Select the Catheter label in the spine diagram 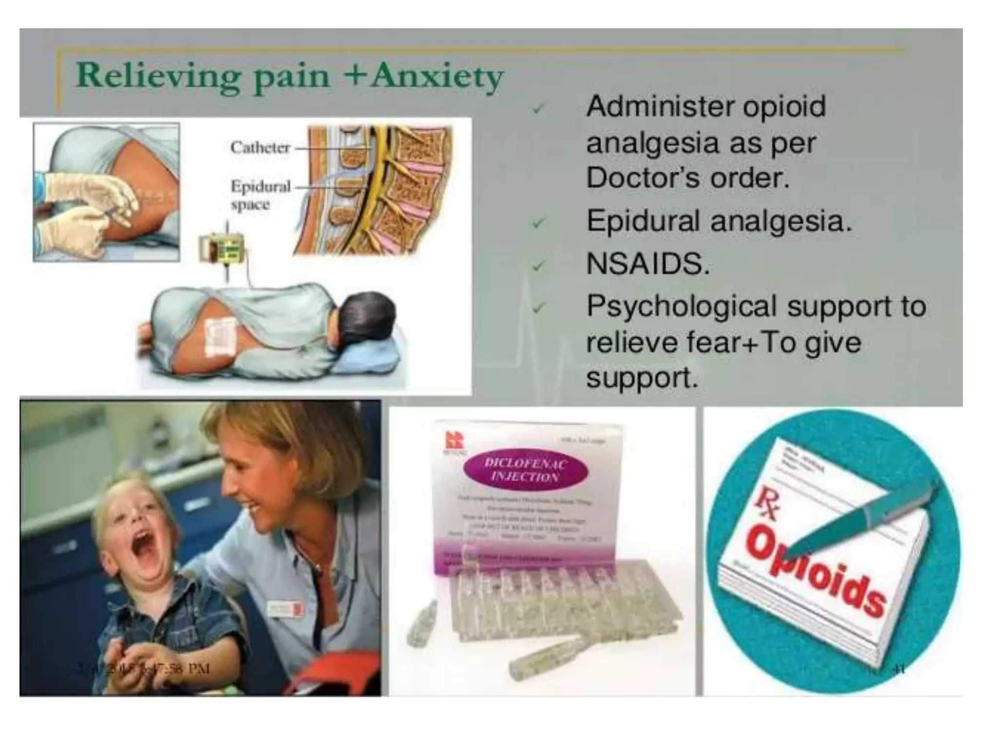260,147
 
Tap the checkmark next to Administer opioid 538,109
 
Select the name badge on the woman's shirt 286,610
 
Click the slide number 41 899,669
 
